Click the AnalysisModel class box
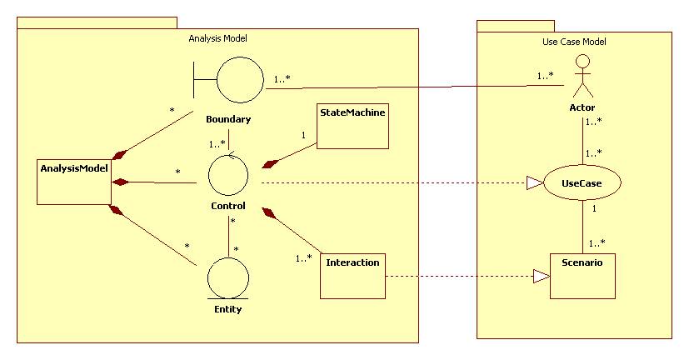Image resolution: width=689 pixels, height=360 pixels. point(74,180)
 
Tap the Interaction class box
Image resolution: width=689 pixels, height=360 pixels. point(353,274)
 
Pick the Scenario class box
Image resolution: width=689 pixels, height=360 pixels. point(582,275)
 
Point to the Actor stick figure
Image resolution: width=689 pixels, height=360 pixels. point(582,77)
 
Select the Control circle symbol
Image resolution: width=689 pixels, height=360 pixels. point(228,176)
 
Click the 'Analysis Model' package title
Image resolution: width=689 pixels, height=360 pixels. point(218,38)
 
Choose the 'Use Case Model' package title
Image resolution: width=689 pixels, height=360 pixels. point(568,42)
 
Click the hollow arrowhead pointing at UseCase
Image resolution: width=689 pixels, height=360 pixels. point(535,182)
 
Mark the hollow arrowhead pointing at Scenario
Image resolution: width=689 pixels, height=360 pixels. point(542,276)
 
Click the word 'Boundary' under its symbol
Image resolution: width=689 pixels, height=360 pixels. point(228,119)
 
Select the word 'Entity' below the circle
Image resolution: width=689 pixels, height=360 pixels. point(227,309)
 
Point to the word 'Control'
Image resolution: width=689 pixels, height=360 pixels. point(227,206)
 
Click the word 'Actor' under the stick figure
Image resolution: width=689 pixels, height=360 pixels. point(582,107)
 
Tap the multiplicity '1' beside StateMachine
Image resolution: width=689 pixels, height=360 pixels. point(303,134)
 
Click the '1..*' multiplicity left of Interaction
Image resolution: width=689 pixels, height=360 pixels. point(304,258)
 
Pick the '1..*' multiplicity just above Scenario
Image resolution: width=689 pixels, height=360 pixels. point(597,243)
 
